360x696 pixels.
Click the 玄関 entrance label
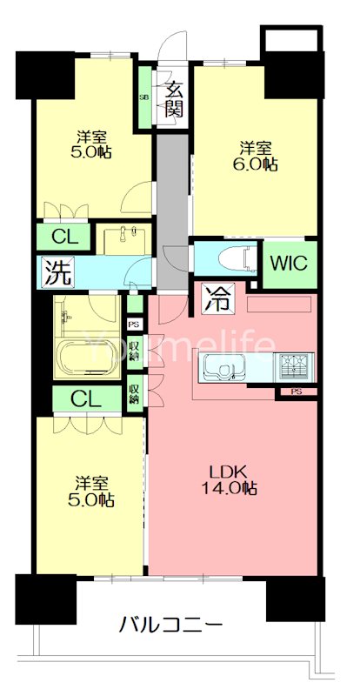(x=174, y=100)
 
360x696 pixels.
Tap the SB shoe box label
(x=144, y=97)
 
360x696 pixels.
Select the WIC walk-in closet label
(x=290, y=264)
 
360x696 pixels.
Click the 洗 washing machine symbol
(x=56, y=271)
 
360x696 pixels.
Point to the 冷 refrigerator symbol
(x=217, y=298)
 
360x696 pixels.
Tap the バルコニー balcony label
(x=171, y=626)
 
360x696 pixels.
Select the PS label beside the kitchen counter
(x=295, y=391)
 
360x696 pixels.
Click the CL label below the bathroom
(x=87, y=400)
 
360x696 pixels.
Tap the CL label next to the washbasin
(x=66, y=238)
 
